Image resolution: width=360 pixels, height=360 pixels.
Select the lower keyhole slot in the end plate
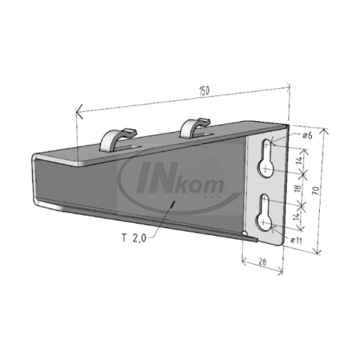pyautogui.click(x=269, y=211)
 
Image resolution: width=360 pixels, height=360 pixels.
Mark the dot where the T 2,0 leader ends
pyautogui.click(x=172, y=202)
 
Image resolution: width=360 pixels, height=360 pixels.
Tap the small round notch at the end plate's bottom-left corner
pyautogui.click(x=247, y=235)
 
